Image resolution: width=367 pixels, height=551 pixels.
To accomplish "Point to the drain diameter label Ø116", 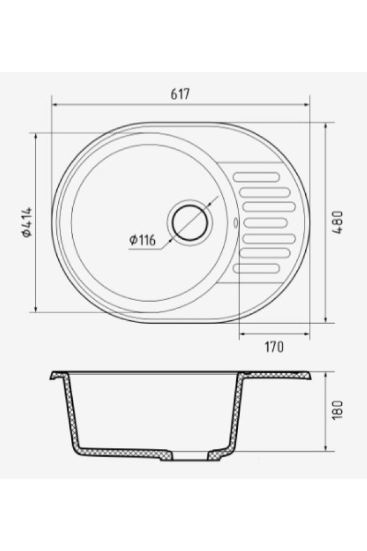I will [143, 241].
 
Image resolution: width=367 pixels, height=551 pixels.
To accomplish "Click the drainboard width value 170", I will [274, 347].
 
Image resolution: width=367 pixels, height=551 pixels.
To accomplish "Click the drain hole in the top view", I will [190, 222].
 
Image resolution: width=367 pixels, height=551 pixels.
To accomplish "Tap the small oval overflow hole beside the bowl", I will [235, 222].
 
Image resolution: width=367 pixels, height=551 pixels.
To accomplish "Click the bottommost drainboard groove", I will [257, 268].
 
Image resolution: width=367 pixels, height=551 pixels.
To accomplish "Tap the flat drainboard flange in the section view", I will [278, 373].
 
